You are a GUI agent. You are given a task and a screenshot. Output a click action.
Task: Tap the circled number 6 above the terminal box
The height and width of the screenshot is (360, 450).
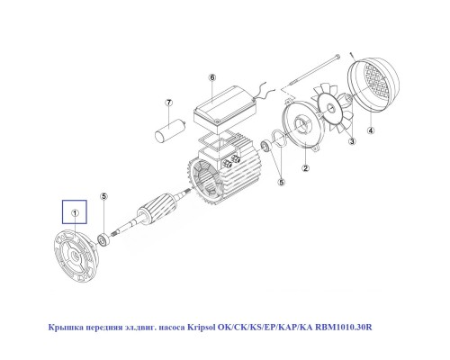click(212, 78)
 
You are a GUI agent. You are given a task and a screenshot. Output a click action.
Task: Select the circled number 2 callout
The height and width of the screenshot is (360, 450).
click(306, 168)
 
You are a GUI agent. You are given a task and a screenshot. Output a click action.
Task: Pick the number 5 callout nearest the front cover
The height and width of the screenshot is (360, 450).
click(103, 196)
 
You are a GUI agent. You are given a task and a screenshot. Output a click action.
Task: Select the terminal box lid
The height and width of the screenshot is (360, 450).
click(226, 106)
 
